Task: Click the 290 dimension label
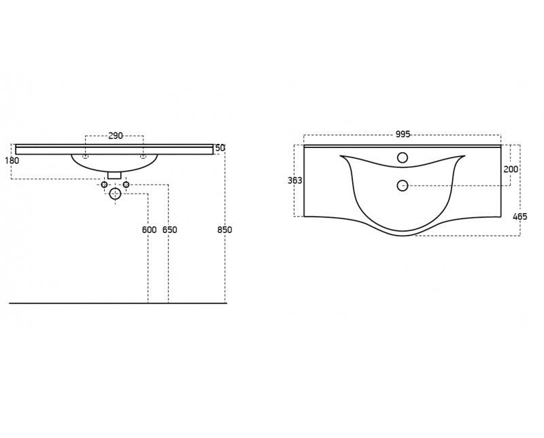pos(116,136)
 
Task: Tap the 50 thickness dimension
pos(220,148)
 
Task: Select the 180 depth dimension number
pos(12,160)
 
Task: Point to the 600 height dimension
pos(149,230)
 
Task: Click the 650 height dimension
pos(169,230)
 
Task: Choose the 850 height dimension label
pos(224,230)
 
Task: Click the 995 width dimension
pos(403,134)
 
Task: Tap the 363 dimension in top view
pos(295,180)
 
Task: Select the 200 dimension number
pos(511,169)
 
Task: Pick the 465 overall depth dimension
pos(520,217)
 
